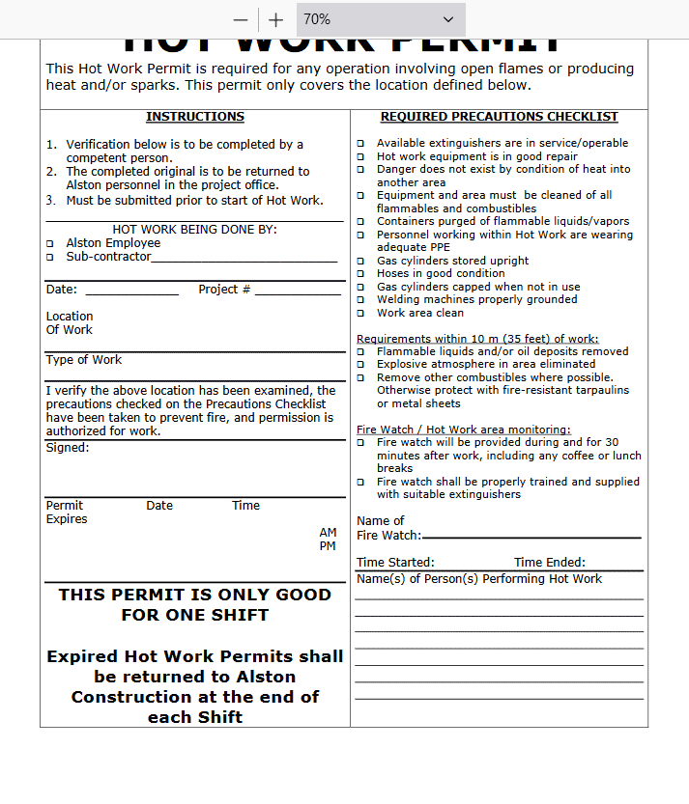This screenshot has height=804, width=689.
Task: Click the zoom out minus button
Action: [241, 19]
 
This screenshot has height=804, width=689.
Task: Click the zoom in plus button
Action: [276, 19]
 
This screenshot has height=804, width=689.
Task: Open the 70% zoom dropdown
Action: [380, 19]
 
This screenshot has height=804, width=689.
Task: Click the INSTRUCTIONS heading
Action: [195, 117]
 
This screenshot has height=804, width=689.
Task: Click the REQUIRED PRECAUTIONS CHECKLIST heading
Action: [499, 117]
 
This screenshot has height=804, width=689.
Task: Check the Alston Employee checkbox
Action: [50, 244]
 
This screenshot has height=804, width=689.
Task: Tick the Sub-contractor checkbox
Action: [50, 258]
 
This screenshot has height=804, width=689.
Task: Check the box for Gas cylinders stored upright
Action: [360, 262]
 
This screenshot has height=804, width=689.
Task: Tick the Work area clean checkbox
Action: [360, 314]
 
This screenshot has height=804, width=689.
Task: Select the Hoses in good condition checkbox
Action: [360, 274]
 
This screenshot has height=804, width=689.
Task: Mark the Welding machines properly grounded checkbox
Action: [360, 300]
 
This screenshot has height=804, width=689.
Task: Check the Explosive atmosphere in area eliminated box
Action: [360, 366]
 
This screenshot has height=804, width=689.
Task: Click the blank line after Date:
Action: [131, 291]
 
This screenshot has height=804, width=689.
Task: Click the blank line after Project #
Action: [297, 291]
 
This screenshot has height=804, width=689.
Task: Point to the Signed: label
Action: [67, 448]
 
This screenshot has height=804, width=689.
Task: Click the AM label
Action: [329, 533]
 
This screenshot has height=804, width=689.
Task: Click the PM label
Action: [329, 546]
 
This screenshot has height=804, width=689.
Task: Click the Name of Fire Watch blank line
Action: [531, 536]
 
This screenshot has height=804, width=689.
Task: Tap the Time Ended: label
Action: [549, 563]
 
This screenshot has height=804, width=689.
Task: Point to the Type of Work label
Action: [84, 360]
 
